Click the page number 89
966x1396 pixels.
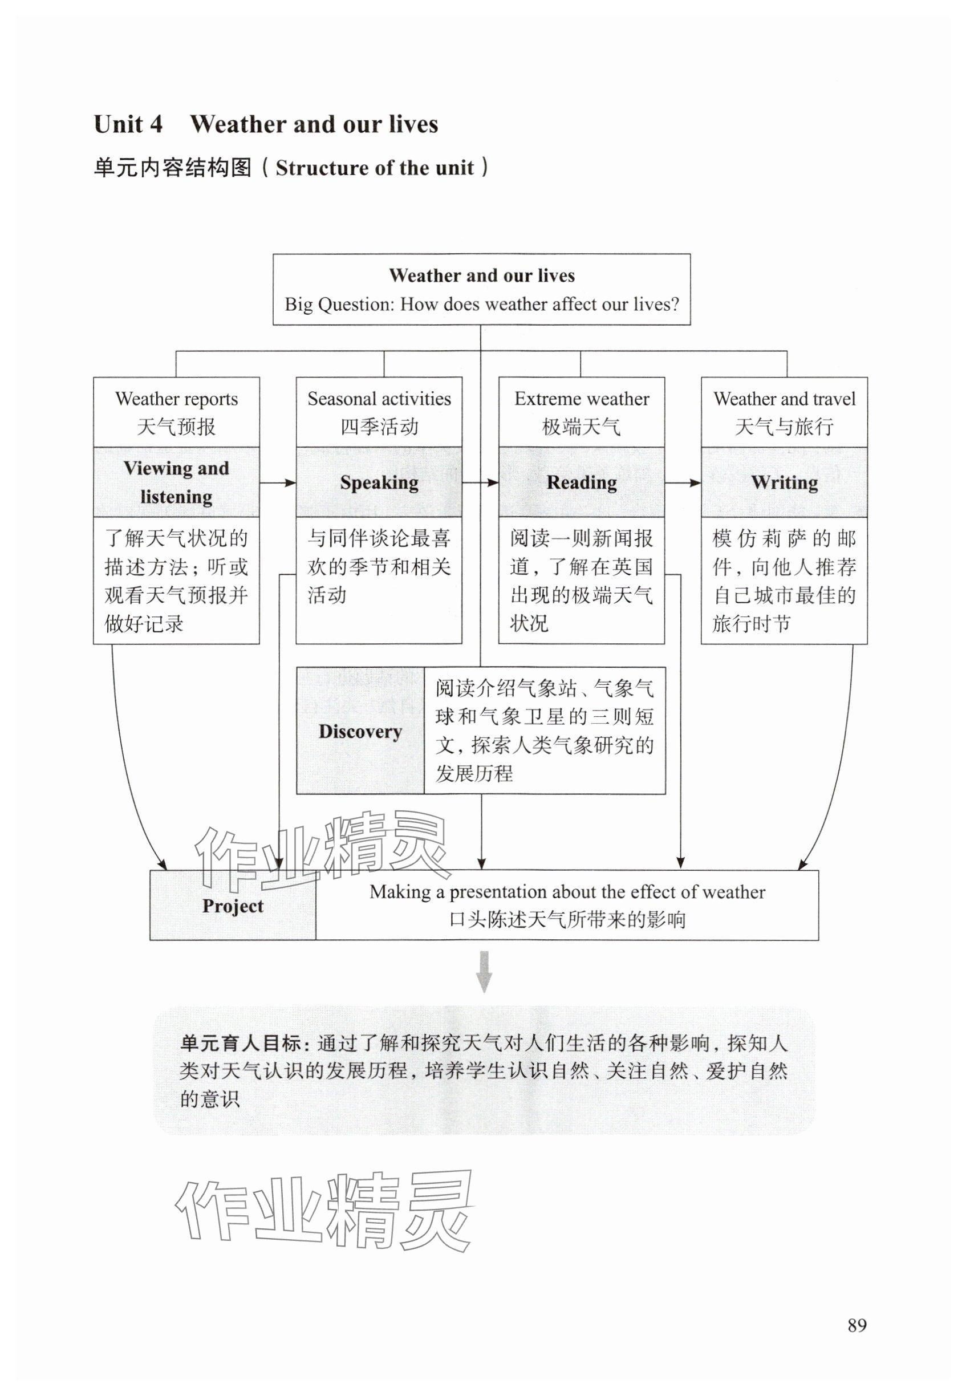coord(857,1325)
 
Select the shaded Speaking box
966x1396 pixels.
coord(379,482)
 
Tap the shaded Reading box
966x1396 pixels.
coord(581,482)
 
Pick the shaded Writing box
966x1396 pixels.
coord(784,482)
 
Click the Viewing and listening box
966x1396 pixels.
coord(176,482)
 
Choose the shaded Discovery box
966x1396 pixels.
coord(360,731)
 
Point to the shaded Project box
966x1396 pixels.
coord(233,906)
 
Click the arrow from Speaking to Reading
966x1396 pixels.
coord(480,483)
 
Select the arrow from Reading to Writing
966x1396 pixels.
coord(683,483)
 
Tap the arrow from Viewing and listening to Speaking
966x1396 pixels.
coord(278,483)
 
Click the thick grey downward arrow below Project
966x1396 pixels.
coord(484,972)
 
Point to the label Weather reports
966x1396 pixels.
coord(176,399)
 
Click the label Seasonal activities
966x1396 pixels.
coord(379,399)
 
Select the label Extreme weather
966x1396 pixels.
coord(581,399)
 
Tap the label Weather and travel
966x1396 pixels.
coord(784,399)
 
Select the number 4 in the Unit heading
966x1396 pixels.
coord(156,124)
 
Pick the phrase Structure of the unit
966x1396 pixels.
coord(374,168)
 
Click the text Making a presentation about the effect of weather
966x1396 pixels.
coord(567,892)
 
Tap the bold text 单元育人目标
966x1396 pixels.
coord(240,1043)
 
